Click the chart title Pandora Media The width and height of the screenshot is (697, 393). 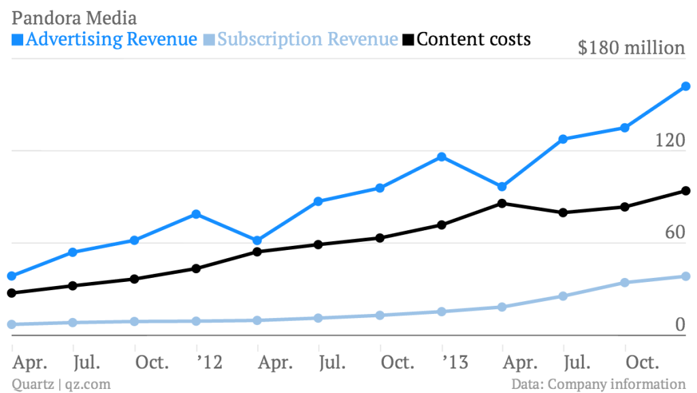(x=74, y=17)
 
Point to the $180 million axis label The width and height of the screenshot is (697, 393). (x=631, y=48)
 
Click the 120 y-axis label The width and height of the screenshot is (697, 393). (x=670, y=140)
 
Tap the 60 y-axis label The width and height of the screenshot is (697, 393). (x=674, y=233)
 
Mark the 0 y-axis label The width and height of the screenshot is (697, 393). (x=679, y=326)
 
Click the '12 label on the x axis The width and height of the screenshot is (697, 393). (x=209, y=362)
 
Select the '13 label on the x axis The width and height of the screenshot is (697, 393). (x=454, y=362)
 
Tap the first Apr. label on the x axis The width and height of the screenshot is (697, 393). (x=29, y=362)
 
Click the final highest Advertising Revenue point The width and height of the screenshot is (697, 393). (x=686, y=87)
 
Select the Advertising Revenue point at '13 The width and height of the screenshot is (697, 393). (x=441, y=157)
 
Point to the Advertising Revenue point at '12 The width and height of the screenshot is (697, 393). (x=196, y=214)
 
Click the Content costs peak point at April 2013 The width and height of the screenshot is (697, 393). (x=502, y=203)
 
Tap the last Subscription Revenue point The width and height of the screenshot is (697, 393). (x=686, y=276)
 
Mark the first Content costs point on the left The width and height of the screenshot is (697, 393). (x=12, y=293)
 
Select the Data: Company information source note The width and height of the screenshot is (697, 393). (x=598, y=384)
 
